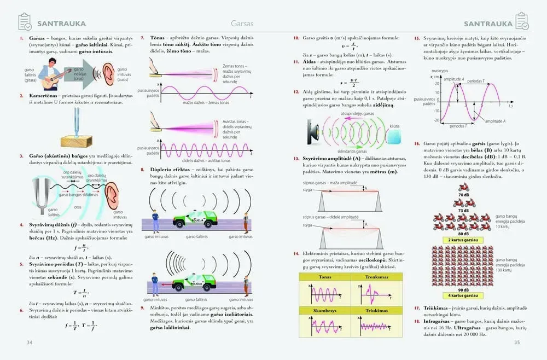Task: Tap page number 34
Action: point(22,342)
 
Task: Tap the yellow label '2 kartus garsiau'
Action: point(463,240)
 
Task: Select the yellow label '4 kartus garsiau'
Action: point(463,295)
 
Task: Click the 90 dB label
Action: point(463,289)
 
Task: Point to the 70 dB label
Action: point(463,195)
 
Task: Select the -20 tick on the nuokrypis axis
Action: point(437,120)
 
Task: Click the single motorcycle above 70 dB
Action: point(463,187)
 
